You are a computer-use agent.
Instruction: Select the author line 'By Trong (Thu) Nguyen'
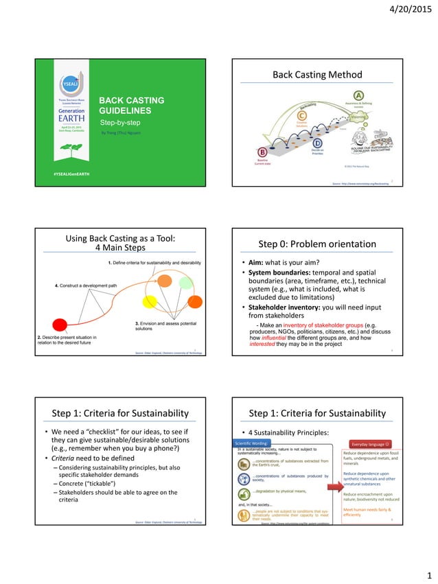(126, 132)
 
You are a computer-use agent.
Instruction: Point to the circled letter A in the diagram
(358, 95)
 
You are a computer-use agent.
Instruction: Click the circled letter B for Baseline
(262, 152)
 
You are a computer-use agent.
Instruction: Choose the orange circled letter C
(301, 117)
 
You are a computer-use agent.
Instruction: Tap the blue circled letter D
(318, 142)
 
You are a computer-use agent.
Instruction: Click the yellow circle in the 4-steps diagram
(150, 301)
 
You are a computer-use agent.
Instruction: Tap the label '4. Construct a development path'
(86, 284)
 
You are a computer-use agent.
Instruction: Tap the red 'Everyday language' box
(370, 444)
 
